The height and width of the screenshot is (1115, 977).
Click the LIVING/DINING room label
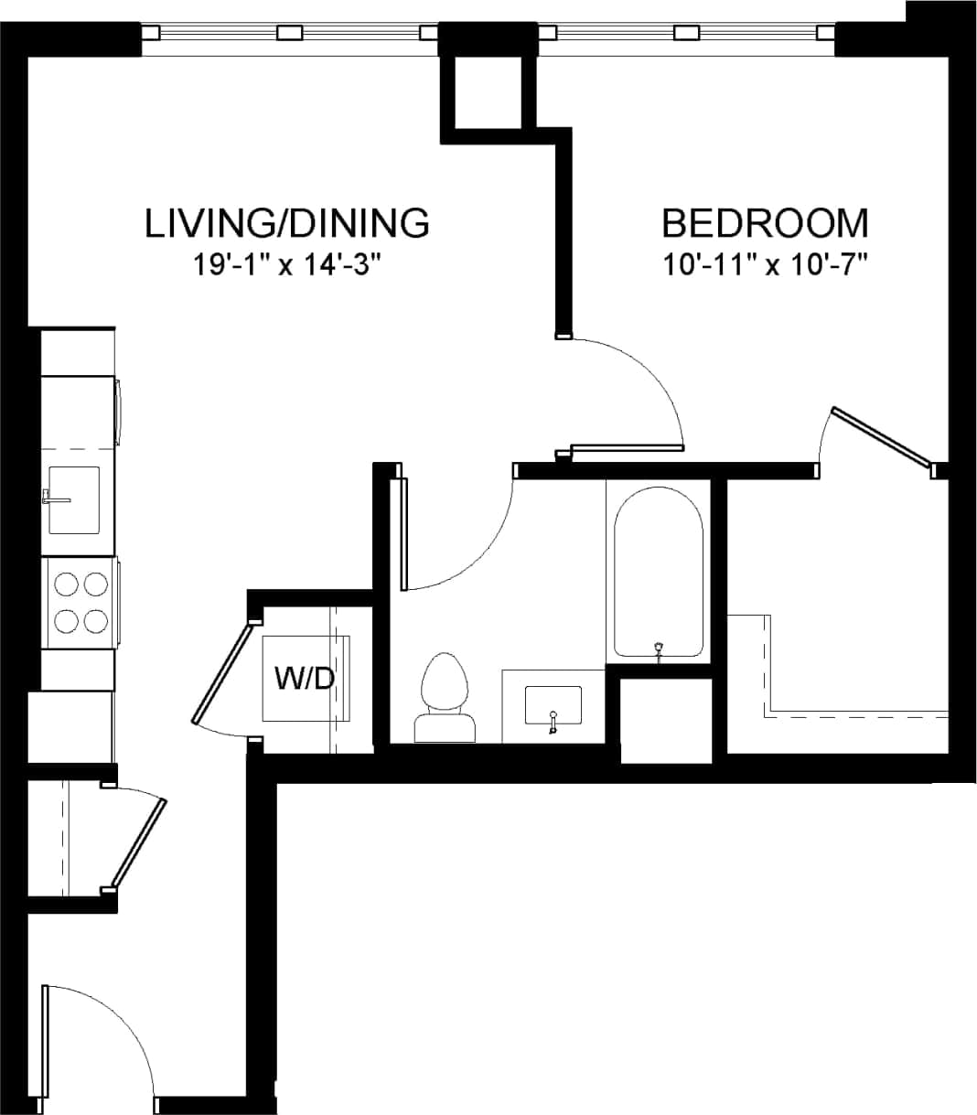point(286,223)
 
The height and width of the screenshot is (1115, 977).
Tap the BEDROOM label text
point(765,223)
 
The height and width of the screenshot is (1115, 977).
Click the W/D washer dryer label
point(304,679)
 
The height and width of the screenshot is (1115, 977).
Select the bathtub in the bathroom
point(658,573)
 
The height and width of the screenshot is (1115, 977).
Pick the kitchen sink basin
point(73,499)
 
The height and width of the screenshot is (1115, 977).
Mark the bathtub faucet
point(658,649)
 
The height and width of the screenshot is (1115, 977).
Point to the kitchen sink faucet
point(53,499)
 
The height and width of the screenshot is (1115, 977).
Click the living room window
point(289,33)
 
